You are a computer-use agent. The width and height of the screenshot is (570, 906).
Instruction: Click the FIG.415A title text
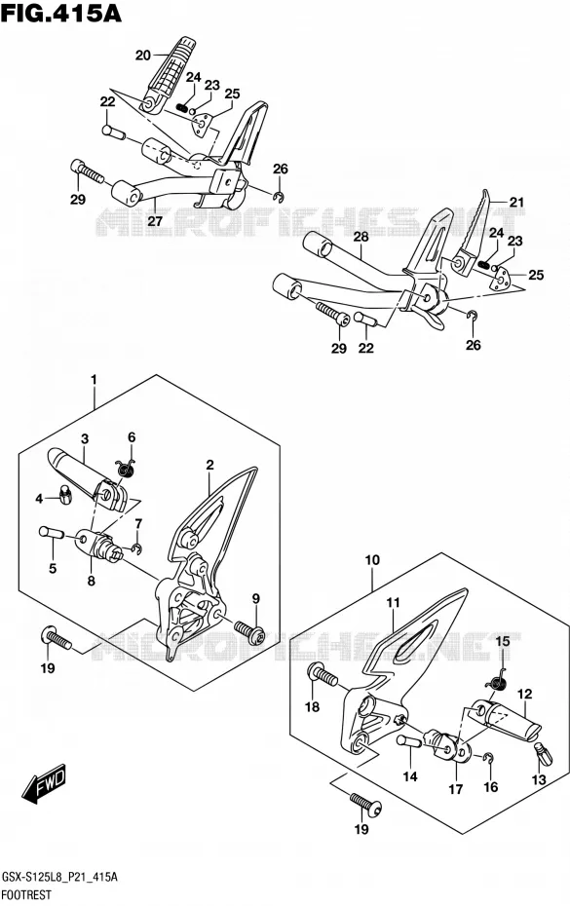[x=61, y=12]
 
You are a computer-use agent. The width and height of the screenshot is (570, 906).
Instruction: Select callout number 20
[x=143, y=56]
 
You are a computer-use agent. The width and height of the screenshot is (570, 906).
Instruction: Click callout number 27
[x=154, y=220]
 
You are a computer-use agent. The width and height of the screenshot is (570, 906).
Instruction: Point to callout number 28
[x=361, y=236]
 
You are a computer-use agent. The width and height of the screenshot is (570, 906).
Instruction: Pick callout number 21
[x=516, y=202]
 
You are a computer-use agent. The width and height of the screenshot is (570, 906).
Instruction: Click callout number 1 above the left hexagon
[x=94, y=380]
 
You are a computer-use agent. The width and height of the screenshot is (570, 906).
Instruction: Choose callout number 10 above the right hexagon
[x=372, y=560]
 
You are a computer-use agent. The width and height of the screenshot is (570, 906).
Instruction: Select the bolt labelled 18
[x=323, y=674]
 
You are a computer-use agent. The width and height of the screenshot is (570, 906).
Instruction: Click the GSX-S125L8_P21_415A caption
[x=60, y=878]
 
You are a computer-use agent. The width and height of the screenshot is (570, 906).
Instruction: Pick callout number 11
[x=394, y=603]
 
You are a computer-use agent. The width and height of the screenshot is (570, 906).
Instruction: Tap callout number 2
[x=209, y=465]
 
